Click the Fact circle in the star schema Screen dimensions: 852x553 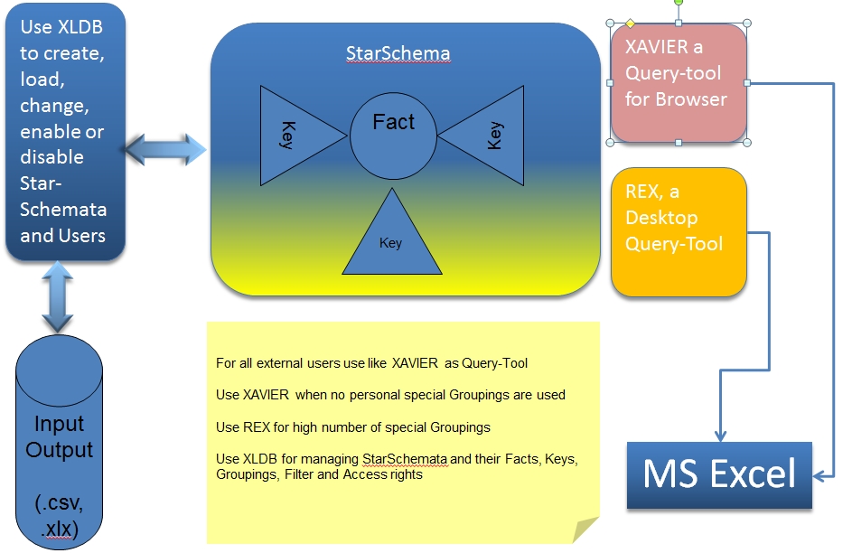point(393,136)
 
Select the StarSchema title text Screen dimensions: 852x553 point(398,53)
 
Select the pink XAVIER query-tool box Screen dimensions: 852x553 point(679,83)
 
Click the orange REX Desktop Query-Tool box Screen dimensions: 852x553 point(679,232)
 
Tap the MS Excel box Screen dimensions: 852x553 point(719,475)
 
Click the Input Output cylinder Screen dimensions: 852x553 point(60,443)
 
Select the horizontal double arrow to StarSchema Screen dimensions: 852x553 point(165,149)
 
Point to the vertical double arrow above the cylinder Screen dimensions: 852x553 point(58,297)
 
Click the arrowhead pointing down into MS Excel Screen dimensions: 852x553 point(720,436)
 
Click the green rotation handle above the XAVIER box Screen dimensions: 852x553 point(679,3)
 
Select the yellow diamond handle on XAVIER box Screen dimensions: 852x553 point(631,23)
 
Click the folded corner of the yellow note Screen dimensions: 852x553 point(585,530)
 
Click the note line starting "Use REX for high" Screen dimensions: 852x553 point(353,427)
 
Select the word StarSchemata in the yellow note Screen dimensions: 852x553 point(406,459)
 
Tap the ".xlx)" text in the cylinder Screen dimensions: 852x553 point(60,529)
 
